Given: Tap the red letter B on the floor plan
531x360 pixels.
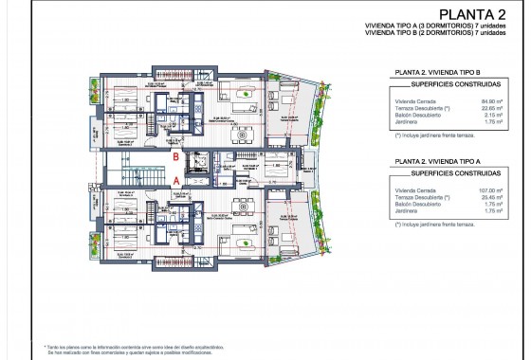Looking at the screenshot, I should point(176,158).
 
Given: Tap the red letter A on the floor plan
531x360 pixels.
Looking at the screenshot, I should point(176,178).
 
